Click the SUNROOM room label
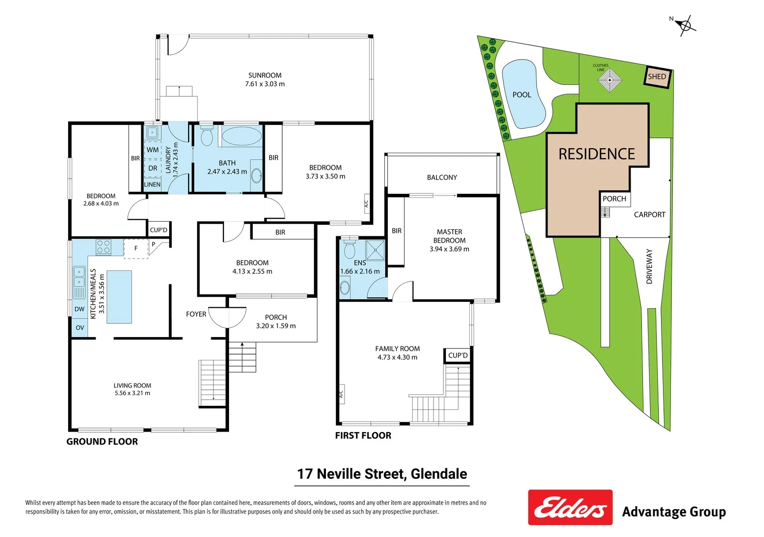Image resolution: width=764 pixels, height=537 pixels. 265,76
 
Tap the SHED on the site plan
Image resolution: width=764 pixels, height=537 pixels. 657,77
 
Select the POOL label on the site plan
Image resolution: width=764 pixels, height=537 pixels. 522,95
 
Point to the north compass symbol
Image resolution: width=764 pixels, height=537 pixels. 685,25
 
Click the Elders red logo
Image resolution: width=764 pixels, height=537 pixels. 570,508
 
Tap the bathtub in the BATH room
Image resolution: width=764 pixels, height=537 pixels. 241,135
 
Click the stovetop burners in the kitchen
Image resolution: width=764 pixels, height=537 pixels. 104,247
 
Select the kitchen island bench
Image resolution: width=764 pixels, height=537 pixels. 119,297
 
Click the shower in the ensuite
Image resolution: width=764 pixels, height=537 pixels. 376,250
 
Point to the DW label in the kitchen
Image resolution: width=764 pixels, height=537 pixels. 80,309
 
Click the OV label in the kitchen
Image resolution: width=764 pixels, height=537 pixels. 80,328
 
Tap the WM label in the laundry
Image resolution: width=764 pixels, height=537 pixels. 153,150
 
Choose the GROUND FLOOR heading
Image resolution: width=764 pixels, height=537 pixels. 102,442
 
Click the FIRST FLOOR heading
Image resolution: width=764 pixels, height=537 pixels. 363,436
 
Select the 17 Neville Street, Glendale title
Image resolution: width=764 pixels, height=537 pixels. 382,474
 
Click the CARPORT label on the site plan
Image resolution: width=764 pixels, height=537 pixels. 649,215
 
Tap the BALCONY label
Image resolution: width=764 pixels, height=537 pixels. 441,178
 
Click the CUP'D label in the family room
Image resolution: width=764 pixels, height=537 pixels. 457,356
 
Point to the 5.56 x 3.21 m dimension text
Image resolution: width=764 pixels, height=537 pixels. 132,393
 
